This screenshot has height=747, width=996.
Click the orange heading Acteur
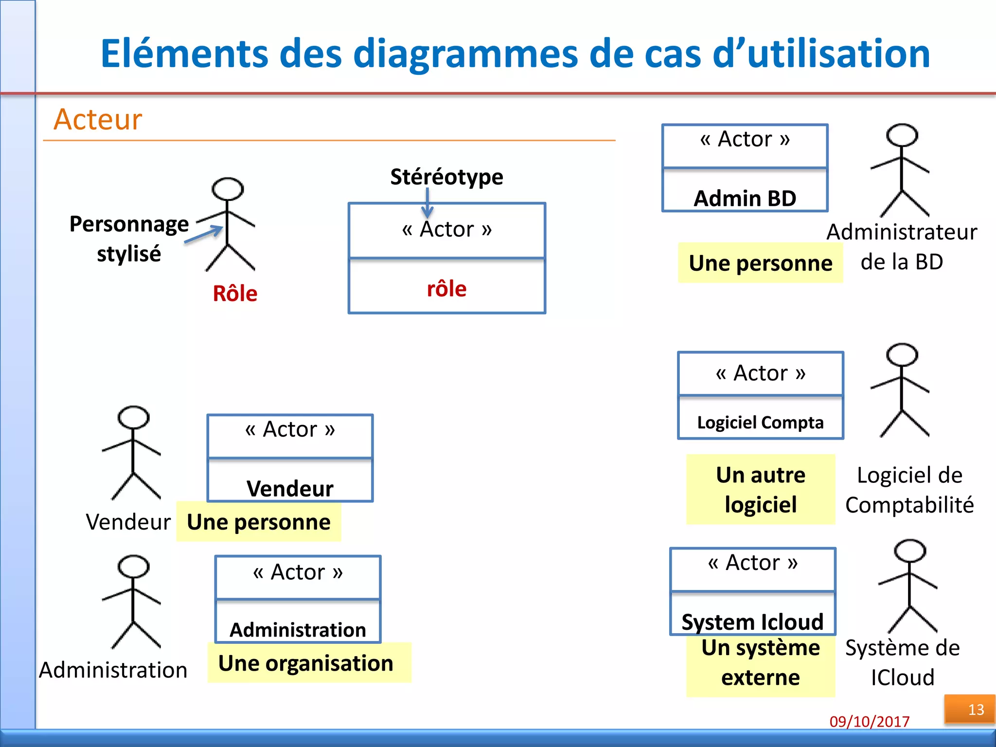tap(98, 120)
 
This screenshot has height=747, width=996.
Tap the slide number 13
tap(976, 710)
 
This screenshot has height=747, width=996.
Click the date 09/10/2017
tap(870, 721)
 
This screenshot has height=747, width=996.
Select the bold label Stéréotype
tap(446, 177)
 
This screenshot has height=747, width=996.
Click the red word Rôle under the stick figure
tap(235, 294)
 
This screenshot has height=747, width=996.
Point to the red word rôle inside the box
tap(446, 289)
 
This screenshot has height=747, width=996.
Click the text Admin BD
tap(745, 198)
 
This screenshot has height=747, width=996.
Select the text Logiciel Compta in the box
tap(760, 423)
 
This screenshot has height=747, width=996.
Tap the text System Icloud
tap(752, 622)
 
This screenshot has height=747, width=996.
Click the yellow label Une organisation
tap(306, 663)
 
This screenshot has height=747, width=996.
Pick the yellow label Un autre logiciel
tap(761, 489)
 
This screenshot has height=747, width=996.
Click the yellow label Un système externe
tap(761, 663)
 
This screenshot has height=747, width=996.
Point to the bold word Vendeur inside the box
tap(290, 489)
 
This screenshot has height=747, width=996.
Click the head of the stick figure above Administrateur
tap(902, 135)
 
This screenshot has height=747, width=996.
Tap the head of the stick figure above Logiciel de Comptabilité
tap(902, 355)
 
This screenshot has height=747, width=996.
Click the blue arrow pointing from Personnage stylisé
tap(204, 234)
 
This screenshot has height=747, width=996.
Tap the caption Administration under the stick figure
tap(113, 670)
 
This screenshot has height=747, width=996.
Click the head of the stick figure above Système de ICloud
tap(910, 551)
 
